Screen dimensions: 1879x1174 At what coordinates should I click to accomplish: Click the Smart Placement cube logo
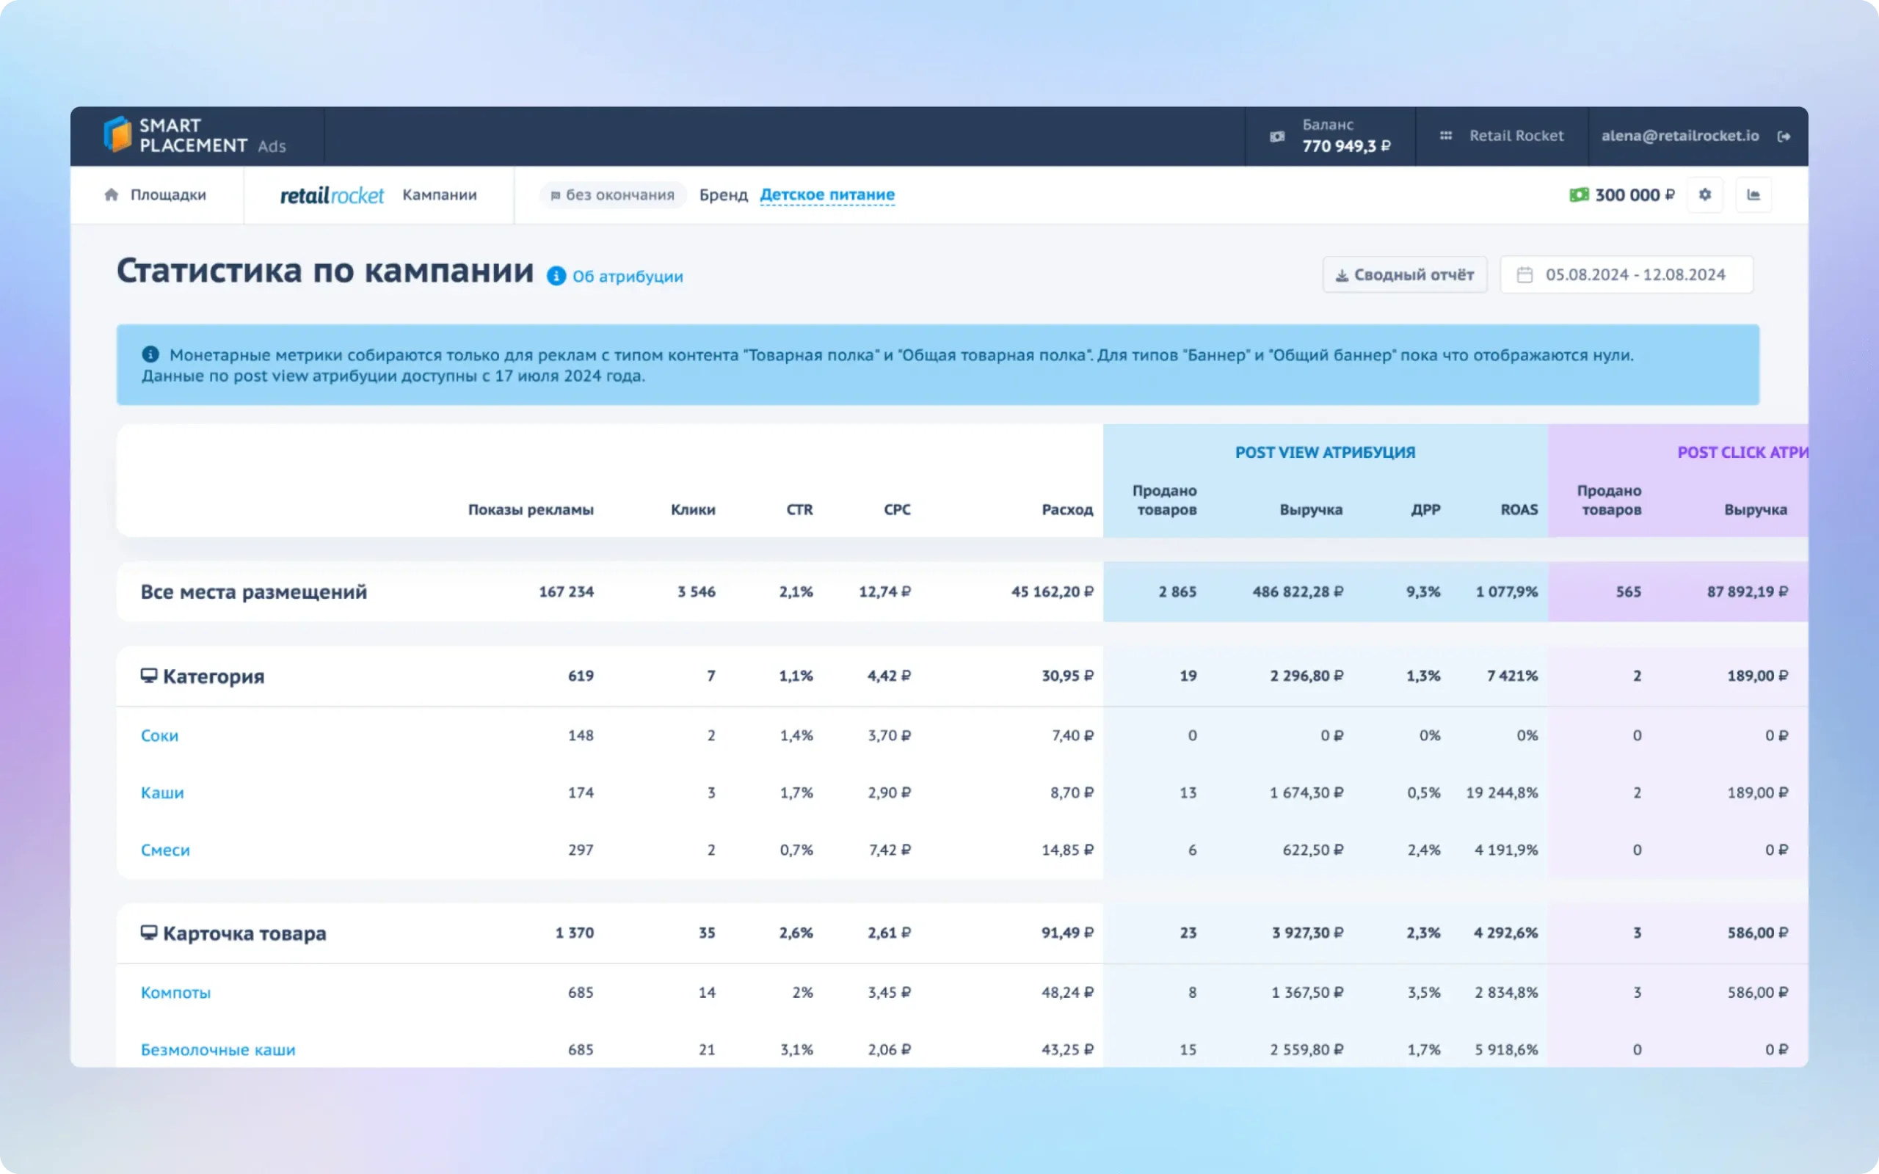click(x=118, y=134)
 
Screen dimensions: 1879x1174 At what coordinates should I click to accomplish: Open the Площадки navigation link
click(x=167, y=195)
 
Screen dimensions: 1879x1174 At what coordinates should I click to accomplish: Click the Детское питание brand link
click(x=827, y=195)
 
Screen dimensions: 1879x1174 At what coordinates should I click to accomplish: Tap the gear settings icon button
click(x=1704, y=195)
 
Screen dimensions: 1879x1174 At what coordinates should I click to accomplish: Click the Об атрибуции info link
click(x=628, y=277)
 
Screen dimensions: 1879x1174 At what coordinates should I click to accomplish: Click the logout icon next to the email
click(x=1784, y=136)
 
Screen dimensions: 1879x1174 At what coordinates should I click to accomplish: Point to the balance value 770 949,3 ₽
click(x=1346, y=146)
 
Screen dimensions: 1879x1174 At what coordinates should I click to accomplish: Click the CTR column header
click(x=800, y=509)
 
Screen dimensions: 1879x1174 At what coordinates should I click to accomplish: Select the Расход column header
click(x=1066, y=509)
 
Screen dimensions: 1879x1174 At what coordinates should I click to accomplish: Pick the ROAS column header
click(x=1519, y=509)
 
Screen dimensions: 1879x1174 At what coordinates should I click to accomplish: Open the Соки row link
click(x=159, y=735)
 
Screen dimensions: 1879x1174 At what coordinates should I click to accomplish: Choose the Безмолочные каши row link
click(x=218, y=1050)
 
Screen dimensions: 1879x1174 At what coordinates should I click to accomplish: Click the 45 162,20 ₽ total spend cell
click(x=1052, y=591)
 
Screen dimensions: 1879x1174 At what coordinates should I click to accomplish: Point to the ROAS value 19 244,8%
click(x=1502, y=792)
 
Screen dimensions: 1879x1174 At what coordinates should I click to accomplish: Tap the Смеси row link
click(x=165, y=850)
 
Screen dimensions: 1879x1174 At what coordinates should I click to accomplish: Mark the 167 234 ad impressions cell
click(x=566, y=591)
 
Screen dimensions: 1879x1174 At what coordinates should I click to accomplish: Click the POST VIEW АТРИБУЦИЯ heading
click(x=1326, y=452)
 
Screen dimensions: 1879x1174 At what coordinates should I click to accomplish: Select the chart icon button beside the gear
click(x=1753, y=195)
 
